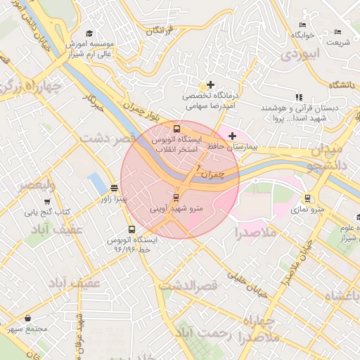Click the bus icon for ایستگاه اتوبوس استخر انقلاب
[176, 129]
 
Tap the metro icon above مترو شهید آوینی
[176, 198]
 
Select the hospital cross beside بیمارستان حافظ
[233, 135]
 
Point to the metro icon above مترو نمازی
[307, 198]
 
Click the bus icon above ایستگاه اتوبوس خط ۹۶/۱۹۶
[131, 229]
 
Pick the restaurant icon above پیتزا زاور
[115, 188]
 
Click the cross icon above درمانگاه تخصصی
[210, 84]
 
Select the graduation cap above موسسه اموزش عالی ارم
[89, 33]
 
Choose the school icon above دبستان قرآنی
[299, 97]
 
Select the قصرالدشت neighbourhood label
[188, 286]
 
